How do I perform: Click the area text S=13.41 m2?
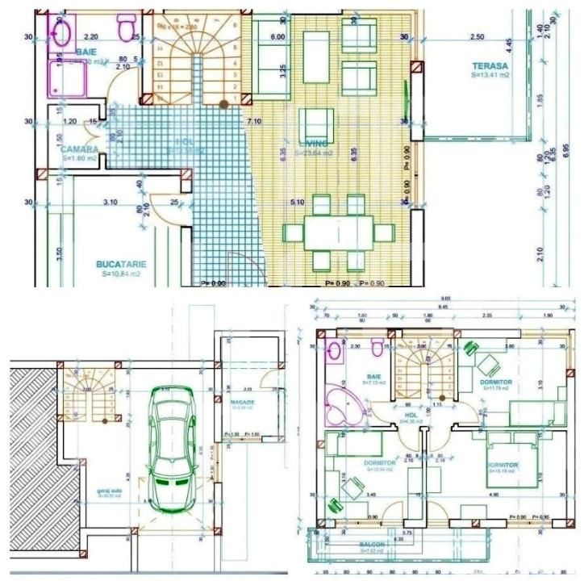point(490,74)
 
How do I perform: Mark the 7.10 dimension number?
point(254,121)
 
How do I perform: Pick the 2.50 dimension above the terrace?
point(478,37)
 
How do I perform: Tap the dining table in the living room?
point(337,233)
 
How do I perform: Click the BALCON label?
point(372,545)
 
